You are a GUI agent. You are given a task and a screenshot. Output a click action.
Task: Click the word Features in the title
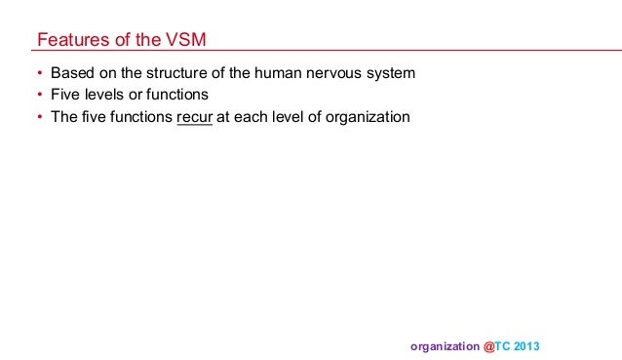point(70,40)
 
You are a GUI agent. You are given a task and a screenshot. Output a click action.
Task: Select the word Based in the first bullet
point(71,73)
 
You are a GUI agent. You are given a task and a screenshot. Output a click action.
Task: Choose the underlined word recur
point(195,118)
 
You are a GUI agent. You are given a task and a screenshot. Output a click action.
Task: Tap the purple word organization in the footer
point(445,346)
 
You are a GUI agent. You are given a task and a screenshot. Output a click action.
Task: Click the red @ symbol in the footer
point(488,346)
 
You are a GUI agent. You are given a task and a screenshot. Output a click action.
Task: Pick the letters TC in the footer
point(505,346)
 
